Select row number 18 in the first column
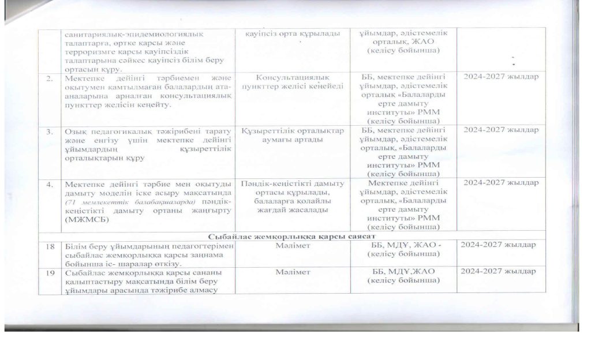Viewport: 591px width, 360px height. click(x=52, y=246)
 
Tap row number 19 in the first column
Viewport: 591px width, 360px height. click(x=52, y=271)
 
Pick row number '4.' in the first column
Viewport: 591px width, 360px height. click(x=51, y=183)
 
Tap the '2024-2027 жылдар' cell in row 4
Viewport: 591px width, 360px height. click(x=498, y=183)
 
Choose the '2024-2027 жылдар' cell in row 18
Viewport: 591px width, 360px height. click(x=498, y=246)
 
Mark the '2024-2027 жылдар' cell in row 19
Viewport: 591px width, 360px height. click(x=498, y=271)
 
